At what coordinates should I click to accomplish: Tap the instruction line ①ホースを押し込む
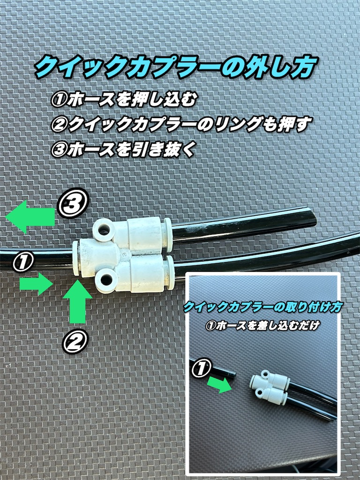click(123, 100)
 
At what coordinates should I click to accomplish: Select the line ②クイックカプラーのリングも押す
click(181, 124)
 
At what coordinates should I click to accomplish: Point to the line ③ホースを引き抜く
click(123, 150)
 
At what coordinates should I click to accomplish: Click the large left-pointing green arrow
click(30, 217)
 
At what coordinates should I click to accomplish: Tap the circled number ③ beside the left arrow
click(73, 203)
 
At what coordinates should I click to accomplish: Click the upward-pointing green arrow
click(77, 302)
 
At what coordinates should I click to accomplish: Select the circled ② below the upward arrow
click(75, 341)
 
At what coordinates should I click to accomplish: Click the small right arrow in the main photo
click(36, 284)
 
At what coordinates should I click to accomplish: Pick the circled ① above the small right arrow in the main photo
click(23, 262)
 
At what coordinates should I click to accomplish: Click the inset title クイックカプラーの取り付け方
click(262, 307)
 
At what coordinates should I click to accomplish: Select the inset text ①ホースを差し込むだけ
click(262, 325)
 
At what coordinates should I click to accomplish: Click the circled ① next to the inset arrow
click(201, 367)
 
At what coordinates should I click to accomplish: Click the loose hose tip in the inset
click(234, 374)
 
